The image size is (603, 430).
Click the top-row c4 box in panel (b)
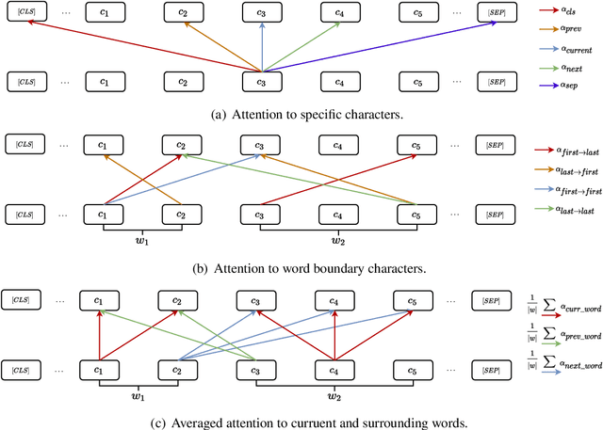[337, 147]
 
